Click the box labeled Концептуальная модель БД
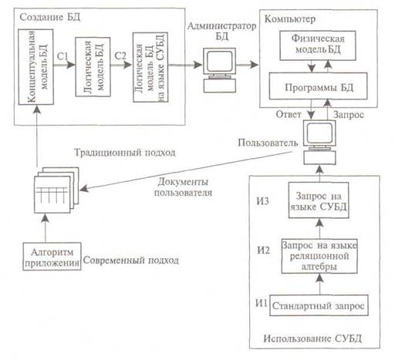pyautogui.click(x=36, y=67)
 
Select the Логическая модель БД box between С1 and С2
pyautogui.click(x=93, y=67)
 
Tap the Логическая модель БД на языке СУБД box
pyautogui.click(x=150, y=67)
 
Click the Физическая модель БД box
pyautogui.click(x=318, y=45)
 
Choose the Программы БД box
pyautogui.click(x=318, y=86)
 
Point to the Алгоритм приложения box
pyautogui.click(x=52, y=256)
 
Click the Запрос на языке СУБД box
pyautogui.click(x=319, y=200)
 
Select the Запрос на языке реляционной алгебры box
pyautogui.click(x=319, y=256)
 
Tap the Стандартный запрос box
pyautogui.click(x=319, y=305)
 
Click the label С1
pyautogui.click(x=62, y=56)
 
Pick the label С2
pyautogui.click(x=120, y=56)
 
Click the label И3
pyautogui.click(x=262, y=200)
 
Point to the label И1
pyautogui.click(x=262, y=303)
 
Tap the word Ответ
pyautogui.click(x=289, y=114)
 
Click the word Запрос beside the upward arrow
pyautogui.click(x=349, y=115)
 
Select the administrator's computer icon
pyautogui.click(x=220, y=70)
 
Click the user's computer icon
pyautogui.click(x=319, y=142)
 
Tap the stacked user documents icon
pyautogui.click(x=56, y=190)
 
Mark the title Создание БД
pyautogui.click(x=50, y=17)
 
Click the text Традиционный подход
pyautogui.click(x=125, y=153)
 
